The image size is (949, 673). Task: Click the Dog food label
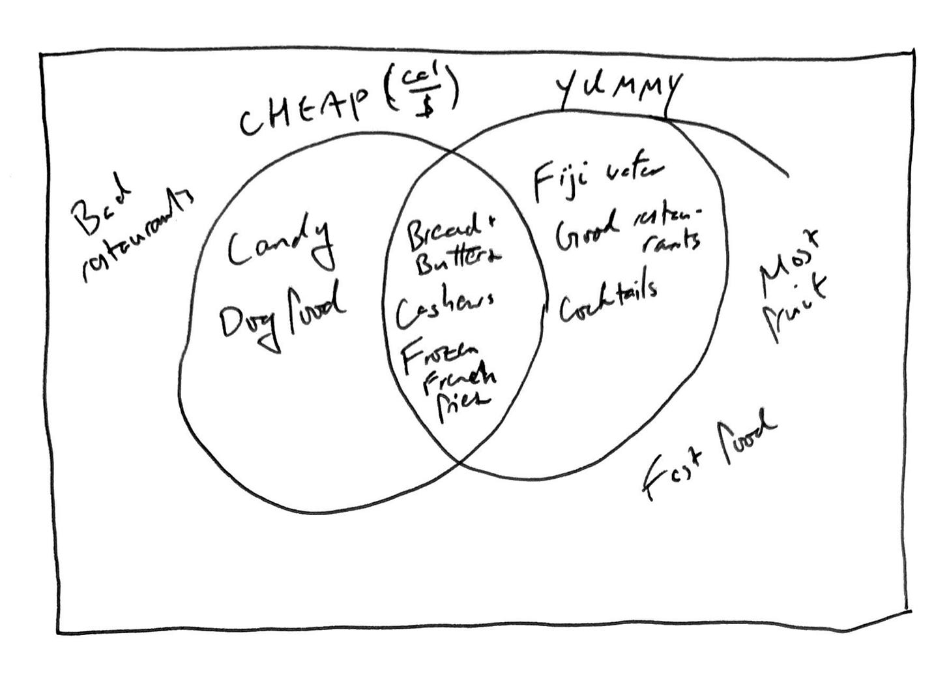tap(282, 318)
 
